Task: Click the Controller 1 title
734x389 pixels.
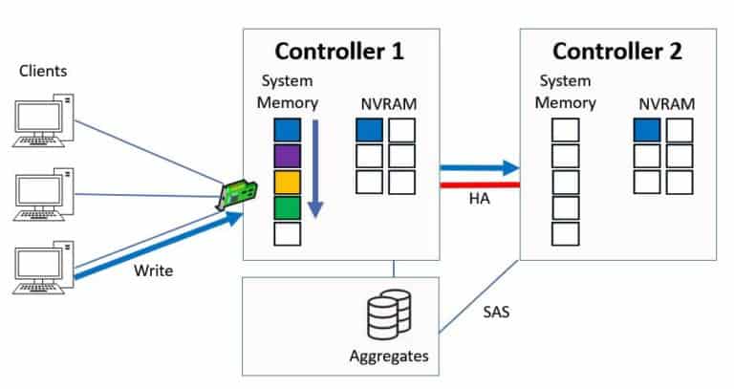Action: (340, 51)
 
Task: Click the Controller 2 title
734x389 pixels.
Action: (617, 51)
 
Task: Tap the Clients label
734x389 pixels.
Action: (41, 72)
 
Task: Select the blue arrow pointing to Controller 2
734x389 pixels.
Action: (478, 169)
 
